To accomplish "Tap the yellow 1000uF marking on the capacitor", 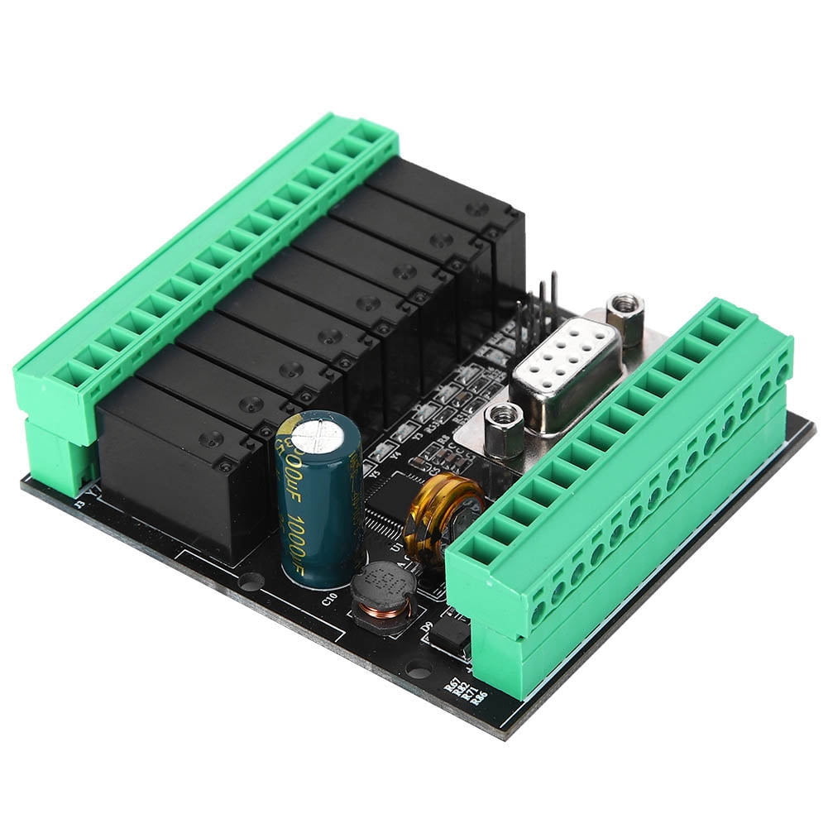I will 319,529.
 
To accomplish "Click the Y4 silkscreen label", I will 395,454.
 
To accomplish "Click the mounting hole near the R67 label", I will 419,670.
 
